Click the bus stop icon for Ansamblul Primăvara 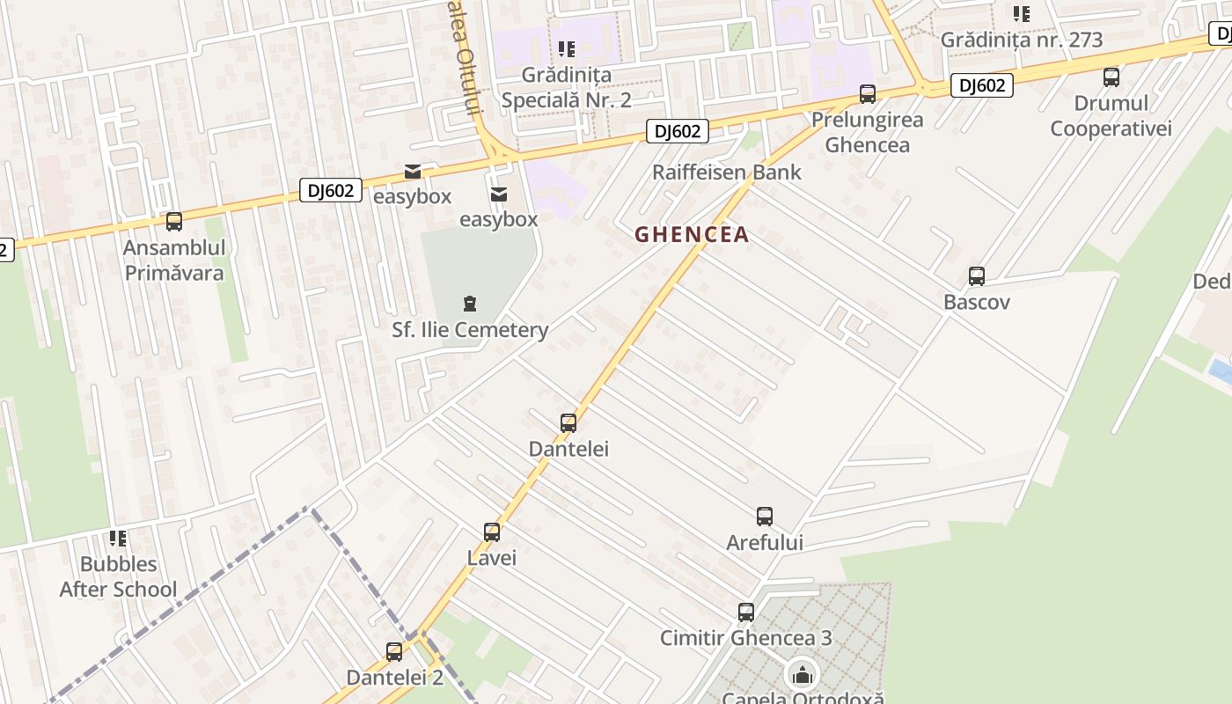tap(174, 222)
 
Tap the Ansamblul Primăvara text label tap(174, 260)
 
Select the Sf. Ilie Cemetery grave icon tap(470, 304)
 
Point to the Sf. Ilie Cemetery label tap(470, 330)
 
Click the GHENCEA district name tap(692, 234)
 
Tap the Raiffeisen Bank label tap(726, 172)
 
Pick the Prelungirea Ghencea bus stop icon tap(868, 94)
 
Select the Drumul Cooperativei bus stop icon tap(1111, 77)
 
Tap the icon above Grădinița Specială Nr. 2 tap(566, 49)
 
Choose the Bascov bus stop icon tap(977, 276)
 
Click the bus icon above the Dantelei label tap(568, 423)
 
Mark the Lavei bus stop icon tap(492, 532)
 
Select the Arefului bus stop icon tap(765, 517)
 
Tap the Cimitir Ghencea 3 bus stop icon tap(746, 612)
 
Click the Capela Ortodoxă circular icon tap(803, 676)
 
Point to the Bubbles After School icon tap(118, 539)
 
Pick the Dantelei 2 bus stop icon tap(394, 652)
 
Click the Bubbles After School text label tap(118, 576)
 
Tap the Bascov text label tap(976, 302)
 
